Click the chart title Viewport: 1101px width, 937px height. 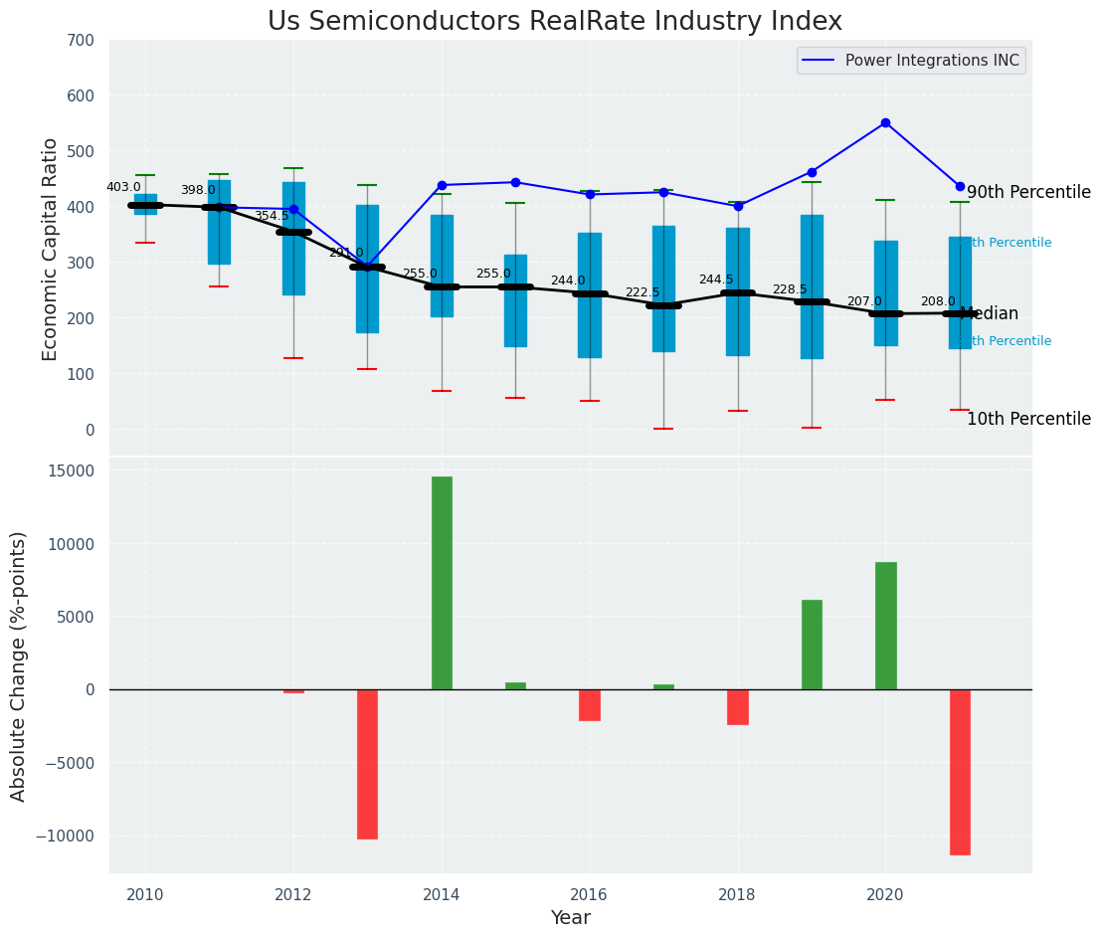554,22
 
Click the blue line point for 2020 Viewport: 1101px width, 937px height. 885,122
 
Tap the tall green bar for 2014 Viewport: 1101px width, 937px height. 442,583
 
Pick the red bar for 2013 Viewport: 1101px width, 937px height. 367,764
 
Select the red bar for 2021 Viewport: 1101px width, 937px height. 960,772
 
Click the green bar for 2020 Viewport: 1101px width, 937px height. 885,626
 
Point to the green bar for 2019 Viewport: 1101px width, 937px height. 812,645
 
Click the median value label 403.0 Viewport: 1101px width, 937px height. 123,187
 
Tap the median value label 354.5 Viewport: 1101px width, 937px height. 272,216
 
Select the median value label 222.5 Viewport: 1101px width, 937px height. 642,292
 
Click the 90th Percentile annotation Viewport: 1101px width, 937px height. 1028,192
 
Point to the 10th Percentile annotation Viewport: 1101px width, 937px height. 1028,419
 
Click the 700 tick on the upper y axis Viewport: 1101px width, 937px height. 81,41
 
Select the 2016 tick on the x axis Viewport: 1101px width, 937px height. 590,894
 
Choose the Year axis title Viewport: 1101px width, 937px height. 571,918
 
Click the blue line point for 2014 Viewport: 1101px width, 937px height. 442,185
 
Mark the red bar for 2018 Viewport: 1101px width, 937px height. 737,707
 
